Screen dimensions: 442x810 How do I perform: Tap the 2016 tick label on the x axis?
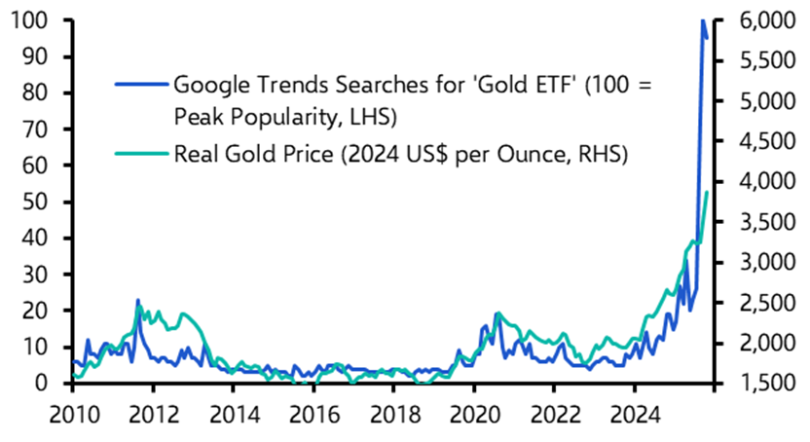coord(313,412)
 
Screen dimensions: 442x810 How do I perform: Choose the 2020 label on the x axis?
coord(474,412)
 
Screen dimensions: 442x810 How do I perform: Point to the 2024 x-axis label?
coord(636,412)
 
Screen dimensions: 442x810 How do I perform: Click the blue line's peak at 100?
coord(703,20)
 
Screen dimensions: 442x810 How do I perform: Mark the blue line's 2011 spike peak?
coord(137,300)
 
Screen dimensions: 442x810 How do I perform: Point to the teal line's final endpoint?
coord(708,193)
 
